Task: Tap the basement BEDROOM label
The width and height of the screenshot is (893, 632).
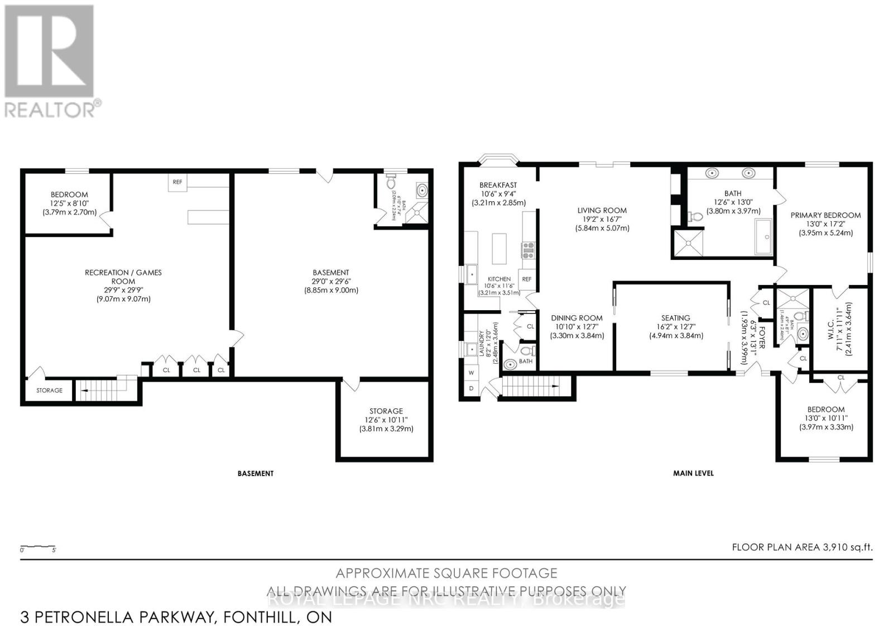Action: coord(69,194)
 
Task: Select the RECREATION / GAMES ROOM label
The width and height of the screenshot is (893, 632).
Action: coord(123,273)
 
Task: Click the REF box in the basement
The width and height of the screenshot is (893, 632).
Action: coord(177,182)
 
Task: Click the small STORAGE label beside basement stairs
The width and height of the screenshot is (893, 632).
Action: coord(49,391)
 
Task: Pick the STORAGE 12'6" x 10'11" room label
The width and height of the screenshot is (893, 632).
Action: coord(386,411)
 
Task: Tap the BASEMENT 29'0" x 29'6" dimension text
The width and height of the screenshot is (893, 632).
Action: coord(331,282)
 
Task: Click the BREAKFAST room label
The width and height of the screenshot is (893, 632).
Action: coord(498,185)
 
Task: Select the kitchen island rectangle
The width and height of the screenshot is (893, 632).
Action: coord(499,249)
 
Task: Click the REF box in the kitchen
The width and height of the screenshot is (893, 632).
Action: coord(526,279)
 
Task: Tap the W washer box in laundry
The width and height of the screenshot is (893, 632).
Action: coord(471,372)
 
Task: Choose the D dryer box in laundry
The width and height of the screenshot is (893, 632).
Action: coord(471,388)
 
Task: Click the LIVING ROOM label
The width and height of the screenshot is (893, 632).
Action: coord(602,211)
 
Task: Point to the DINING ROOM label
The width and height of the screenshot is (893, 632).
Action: coord(577,318)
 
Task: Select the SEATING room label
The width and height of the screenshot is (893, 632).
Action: coord(675,318)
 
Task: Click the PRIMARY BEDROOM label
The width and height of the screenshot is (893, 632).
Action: coord(825,215)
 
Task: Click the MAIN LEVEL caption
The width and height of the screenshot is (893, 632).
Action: coord(693,473)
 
